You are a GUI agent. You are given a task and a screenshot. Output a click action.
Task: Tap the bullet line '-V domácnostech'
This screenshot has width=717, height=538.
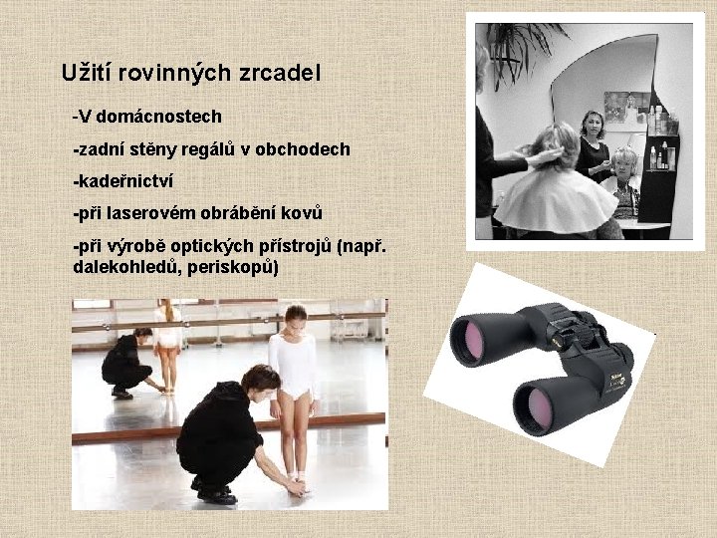[x=146, y=117]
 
